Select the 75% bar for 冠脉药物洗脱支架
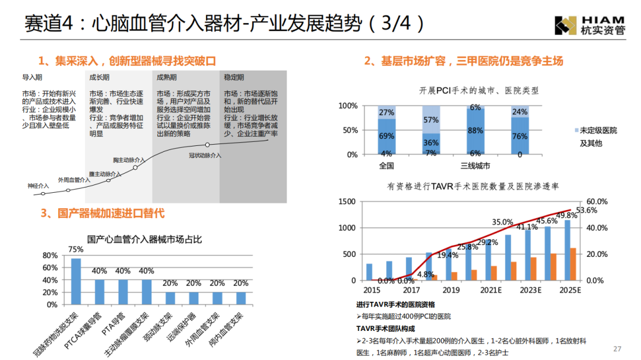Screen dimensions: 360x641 click(x=76, y=281)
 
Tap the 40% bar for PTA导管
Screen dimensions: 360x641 click(x=123, y=292)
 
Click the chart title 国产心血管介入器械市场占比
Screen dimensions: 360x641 click(x=144, y=239)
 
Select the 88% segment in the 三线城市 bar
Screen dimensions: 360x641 click(x=475, y=131)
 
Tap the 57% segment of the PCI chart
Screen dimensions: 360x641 click(x=431, y=119)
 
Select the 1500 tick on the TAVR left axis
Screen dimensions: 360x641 click(x=347, y=202)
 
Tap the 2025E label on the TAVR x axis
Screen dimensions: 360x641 click(x=570, y=291)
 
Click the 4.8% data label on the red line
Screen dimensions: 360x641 click(x=426, y=274)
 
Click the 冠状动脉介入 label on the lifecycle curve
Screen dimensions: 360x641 click(x=205, y=155)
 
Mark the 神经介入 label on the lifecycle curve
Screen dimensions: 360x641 click(x=39, y=186)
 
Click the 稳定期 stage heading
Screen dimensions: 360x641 click(x=234, y=77)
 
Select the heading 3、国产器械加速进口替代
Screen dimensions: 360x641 click(x=102, y=213)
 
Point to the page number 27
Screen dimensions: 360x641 click(x=617, y=348)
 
